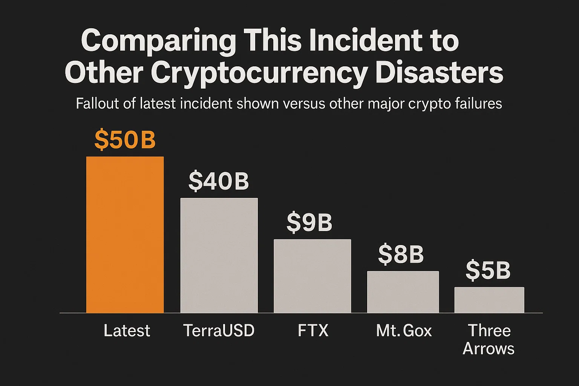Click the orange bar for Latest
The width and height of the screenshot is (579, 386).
[x=125, y=234]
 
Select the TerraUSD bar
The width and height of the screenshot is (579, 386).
[x=219, y=255]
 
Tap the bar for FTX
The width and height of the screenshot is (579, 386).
[x=312, y=276]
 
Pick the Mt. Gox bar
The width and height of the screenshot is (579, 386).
[x=403, y=292]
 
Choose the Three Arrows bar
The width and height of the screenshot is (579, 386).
[x=489, y=300]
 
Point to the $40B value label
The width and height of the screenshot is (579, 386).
[x=219, y=181]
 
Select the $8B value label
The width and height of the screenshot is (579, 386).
[x=401, y=254]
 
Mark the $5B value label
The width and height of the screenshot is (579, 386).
[x=488, y=271]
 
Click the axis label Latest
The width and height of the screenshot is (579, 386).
[x=127, y=331]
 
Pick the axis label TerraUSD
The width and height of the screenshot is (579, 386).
[x=219, y=331]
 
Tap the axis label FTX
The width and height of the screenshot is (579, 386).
[x=313, y=331]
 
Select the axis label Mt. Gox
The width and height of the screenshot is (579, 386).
[x=404, y=331]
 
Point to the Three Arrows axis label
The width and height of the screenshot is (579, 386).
[x=489, y=339]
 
